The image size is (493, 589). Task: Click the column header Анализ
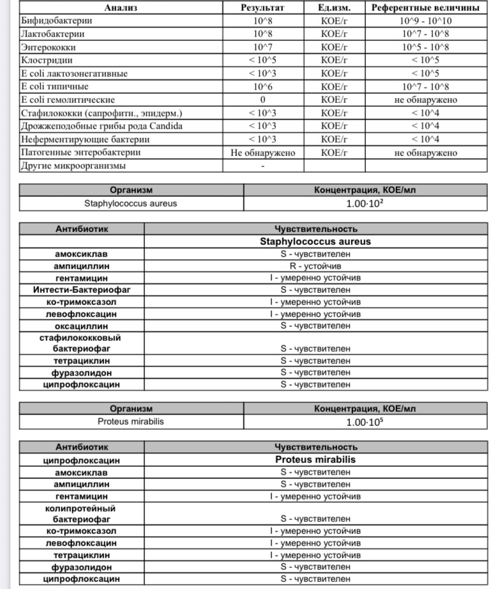click(121, 8)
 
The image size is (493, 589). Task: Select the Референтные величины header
click(426, 8)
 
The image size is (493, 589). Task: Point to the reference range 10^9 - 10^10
click(426, 20)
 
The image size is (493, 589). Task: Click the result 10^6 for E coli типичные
click(262, 86)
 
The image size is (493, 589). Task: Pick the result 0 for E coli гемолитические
click(262, 100)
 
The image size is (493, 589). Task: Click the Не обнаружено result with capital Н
click(262, 153)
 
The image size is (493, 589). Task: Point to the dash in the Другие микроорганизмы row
click(262, 166)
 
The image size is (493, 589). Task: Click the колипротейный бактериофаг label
click(82, 513)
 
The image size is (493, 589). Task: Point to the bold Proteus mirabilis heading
click(315, 459)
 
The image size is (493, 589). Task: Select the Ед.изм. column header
click(333, 8)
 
